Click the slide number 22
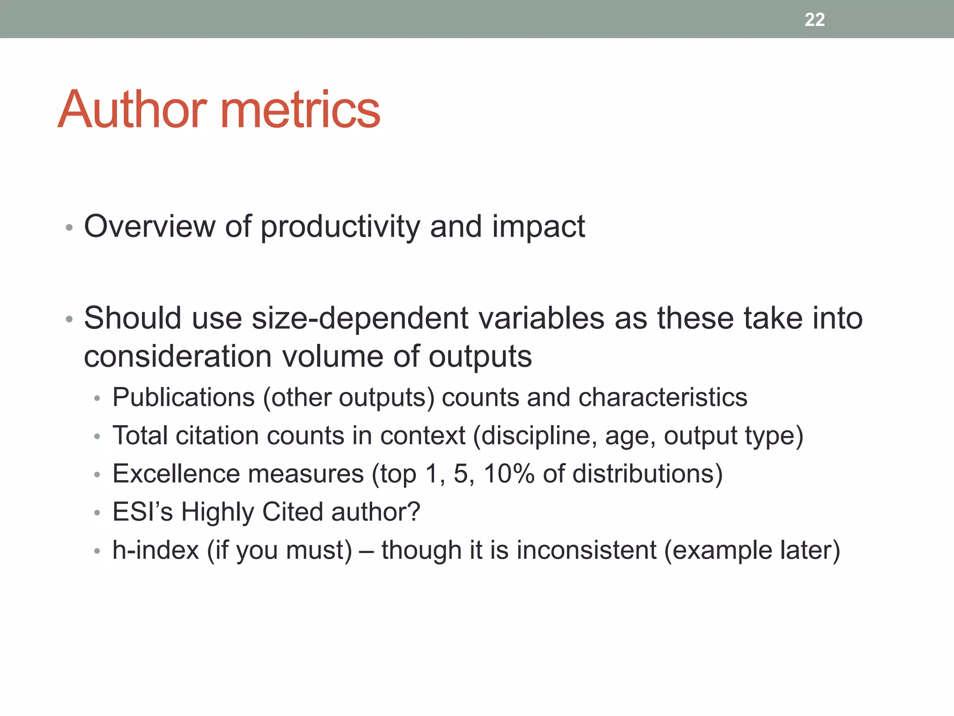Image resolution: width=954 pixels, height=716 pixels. point(814,20)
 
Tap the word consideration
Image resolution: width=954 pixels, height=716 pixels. point(177,357)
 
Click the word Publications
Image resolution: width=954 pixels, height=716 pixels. point(184,398)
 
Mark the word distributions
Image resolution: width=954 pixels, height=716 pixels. point(643,474)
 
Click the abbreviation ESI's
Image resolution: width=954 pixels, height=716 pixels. point(143,512)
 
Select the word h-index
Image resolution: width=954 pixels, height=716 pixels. point(156,551)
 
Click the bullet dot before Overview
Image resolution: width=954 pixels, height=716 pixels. point(69,228)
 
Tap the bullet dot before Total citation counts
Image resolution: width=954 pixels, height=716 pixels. point(97,437)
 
